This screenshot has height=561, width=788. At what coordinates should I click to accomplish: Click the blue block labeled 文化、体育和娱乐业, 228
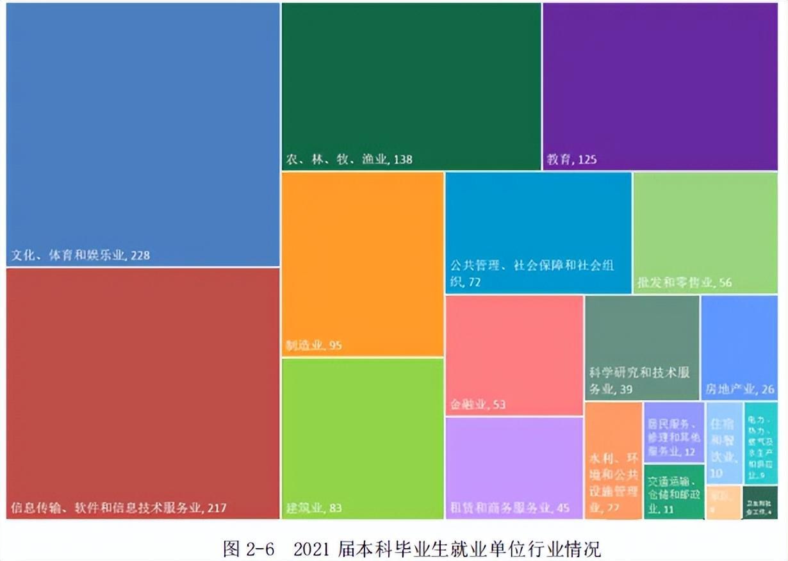click(142, 134)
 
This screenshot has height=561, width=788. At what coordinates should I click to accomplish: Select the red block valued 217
click(142, 392)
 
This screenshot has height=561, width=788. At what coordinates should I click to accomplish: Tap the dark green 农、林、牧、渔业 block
click(411, 86)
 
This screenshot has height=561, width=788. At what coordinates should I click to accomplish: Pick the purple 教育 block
click(660, 86)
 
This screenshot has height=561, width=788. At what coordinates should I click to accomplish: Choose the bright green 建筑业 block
click(362, 438)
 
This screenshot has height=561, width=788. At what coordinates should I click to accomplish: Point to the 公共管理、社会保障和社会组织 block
click(538, 232)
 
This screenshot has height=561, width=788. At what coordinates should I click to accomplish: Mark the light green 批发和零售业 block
click(705, 232)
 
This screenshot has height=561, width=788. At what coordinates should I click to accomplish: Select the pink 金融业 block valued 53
click(514, 355)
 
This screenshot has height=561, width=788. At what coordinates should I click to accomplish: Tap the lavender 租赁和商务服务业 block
click(514, 467)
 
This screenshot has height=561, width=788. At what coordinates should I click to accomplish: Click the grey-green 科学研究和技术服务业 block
click(642, 347)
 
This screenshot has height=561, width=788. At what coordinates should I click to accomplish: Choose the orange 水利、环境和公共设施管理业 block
click(613, 460)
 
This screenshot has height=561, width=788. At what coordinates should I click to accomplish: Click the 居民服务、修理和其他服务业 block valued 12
click(673, 432)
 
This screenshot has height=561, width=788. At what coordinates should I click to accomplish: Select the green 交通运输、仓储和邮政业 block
click(673, 491)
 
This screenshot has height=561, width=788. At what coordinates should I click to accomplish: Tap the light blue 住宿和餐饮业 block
click(725, 442)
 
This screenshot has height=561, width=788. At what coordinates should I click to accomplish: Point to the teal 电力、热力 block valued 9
click(760, 442)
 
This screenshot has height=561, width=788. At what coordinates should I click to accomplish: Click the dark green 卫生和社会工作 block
click(760, 502)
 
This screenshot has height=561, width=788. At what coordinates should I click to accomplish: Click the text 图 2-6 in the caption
click(249, 548)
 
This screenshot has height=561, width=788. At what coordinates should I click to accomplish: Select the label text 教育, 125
click(571, 159)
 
